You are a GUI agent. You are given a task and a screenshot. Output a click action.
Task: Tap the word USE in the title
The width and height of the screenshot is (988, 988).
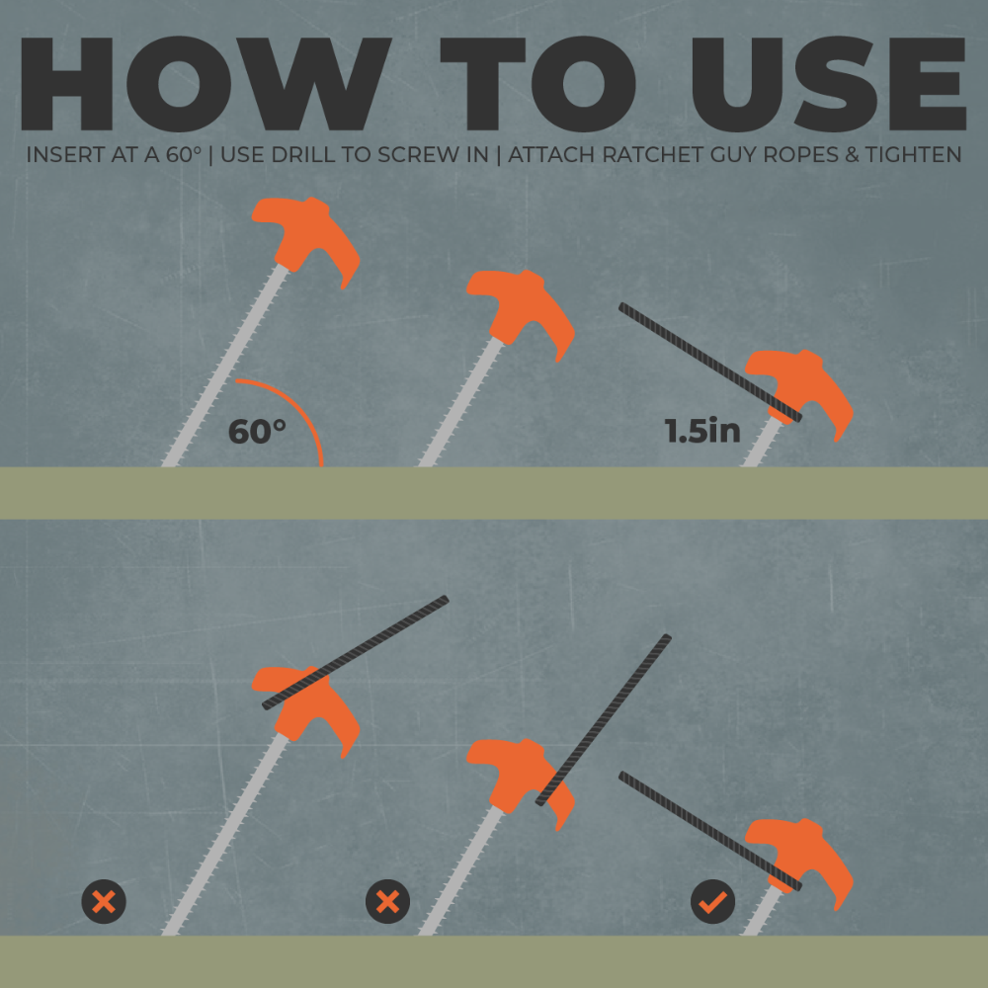[x=829, y=84]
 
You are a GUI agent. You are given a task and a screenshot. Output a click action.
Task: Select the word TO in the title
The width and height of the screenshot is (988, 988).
[x=537, y=84]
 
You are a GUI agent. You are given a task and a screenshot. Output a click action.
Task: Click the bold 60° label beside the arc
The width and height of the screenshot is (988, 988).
[x=257, y=432]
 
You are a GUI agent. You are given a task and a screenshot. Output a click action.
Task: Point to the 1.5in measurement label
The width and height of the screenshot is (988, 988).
[x=702, y=431]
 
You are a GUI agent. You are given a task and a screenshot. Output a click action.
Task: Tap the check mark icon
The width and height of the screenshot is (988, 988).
[x=712, y=902]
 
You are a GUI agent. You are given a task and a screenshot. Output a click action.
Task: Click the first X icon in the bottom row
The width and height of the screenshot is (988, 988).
[x=104, y=902]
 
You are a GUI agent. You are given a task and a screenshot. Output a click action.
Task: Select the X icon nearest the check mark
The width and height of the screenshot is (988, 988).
[x=387, y=902]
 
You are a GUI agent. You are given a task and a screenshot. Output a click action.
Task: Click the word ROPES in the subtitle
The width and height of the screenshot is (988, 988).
[x=801, y=155]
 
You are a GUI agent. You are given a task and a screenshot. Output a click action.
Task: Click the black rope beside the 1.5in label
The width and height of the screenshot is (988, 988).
[x=710, y=363]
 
